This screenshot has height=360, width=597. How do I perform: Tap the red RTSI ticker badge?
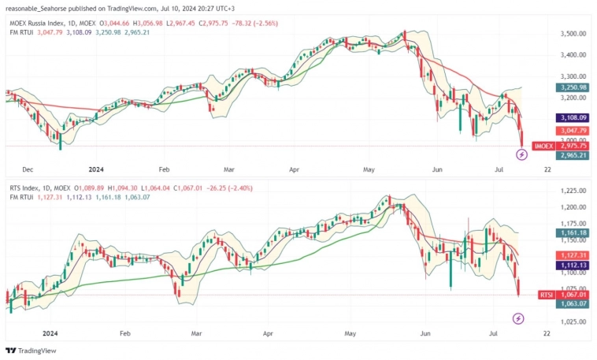(546, 295)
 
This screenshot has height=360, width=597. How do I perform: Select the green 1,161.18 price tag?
(573, 233)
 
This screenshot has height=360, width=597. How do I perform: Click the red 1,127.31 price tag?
(573, 255)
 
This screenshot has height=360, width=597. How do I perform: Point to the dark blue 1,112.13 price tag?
(573, 265)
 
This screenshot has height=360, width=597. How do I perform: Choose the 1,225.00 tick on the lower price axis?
(573, 191)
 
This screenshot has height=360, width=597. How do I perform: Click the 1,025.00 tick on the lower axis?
(573, 321)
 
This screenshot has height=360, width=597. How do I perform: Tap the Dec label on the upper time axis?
(28, 169)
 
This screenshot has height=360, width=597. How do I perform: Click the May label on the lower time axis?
(350, 333)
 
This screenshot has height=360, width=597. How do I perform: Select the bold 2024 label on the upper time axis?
(97, 169)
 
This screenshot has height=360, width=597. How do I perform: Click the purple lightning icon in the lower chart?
(518, 318)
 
